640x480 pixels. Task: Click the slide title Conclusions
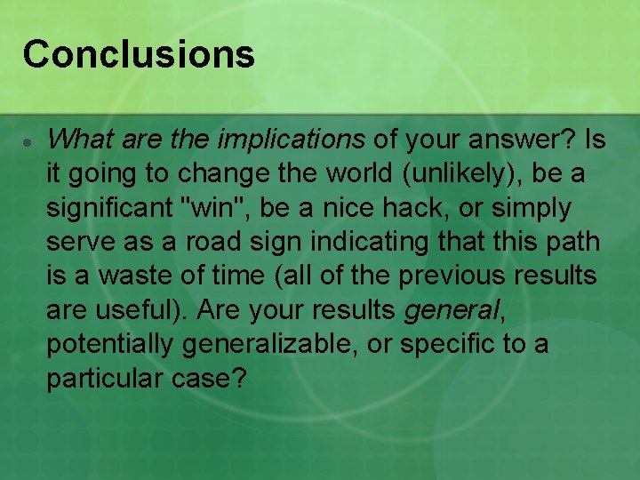click(139, 53)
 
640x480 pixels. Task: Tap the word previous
click(452, 276)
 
